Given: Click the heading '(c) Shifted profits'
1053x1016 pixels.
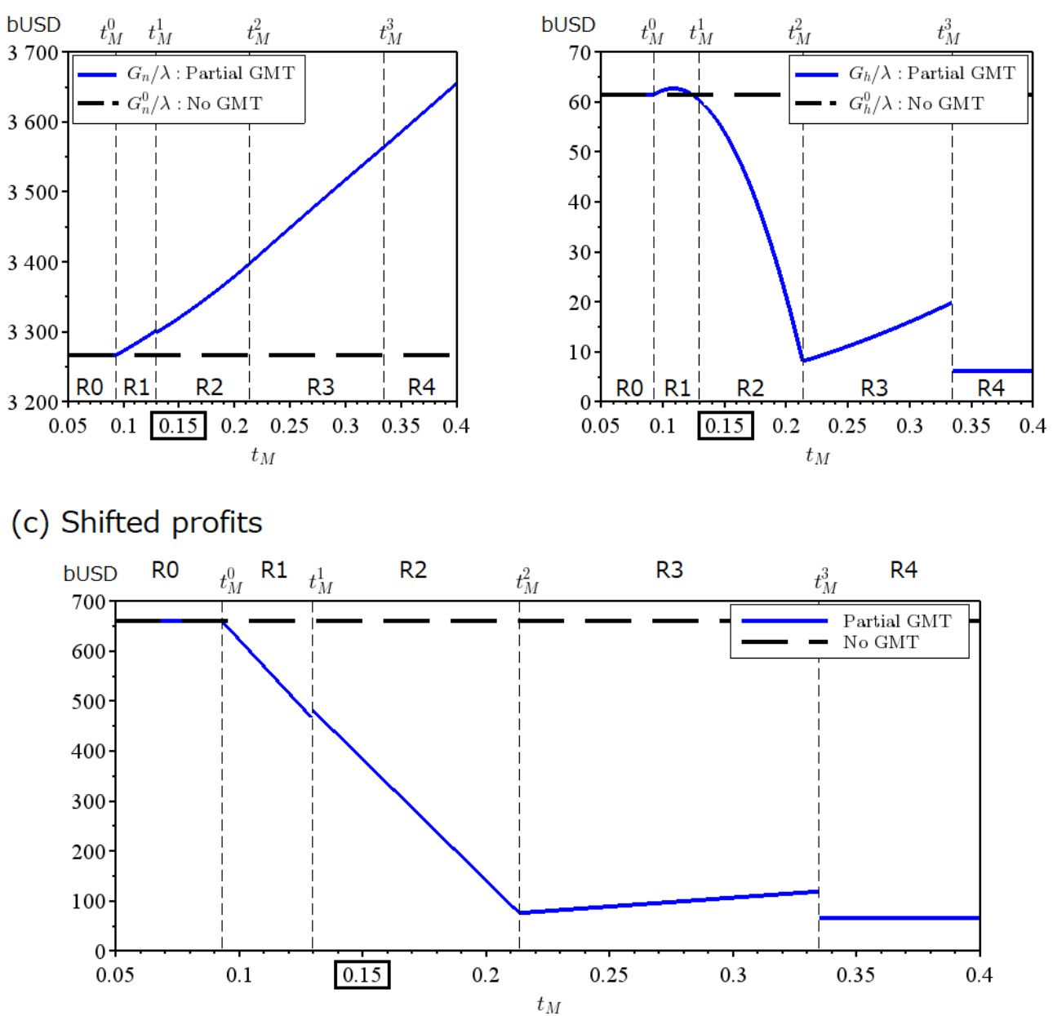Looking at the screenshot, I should (x=137, y=522).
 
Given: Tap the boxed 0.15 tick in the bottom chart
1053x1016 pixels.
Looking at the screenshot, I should (x=362, y=974).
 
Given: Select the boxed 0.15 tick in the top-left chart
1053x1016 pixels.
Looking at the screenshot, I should (x=178, y=425).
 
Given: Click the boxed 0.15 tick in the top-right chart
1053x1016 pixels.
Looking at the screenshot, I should (x=724, y=425).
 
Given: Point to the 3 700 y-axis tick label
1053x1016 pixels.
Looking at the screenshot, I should (x=33, y=54).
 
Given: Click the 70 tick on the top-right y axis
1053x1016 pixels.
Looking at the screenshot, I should (x=580, y=53).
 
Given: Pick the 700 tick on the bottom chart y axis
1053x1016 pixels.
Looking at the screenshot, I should (x=89, y=603).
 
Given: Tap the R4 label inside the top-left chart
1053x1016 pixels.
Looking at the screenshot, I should (x=421, y=387).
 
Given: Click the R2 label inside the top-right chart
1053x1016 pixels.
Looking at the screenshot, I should (x=750, y=388).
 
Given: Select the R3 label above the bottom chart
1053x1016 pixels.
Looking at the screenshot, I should (x=669, y=570).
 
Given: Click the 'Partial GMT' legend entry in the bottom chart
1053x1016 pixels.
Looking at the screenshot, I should (x=896, y=621).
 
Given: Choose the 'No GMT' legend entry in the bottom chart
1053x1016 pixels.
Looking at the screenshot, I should (x=880, y=642).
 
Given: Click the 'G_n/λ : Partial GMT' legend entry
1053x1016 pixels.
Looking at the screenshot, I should (x=210, y=73).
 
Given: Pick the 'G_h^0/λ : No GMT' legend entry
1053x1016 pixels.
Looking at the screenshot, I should (x=916, y=104).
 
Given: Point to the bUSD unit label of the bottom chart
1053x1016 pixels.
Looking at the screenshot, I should (x=90, y=574).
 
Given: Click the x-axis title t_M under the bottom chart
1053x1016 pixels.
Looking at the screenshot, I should (x=549, y=1004).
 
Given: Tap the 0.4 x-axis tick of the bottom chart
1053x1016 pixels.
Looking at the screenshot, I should (x=979, y=974).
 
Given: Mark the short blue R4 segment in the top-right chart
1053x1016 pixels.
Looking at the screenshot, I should (x=992, y=371).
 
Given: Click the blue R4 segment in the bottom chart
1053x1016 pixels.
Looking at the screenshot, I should (x=898, y=918).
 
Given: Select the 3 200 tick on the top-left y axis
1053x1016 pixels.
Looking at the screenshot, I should (x=33, y=402).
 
